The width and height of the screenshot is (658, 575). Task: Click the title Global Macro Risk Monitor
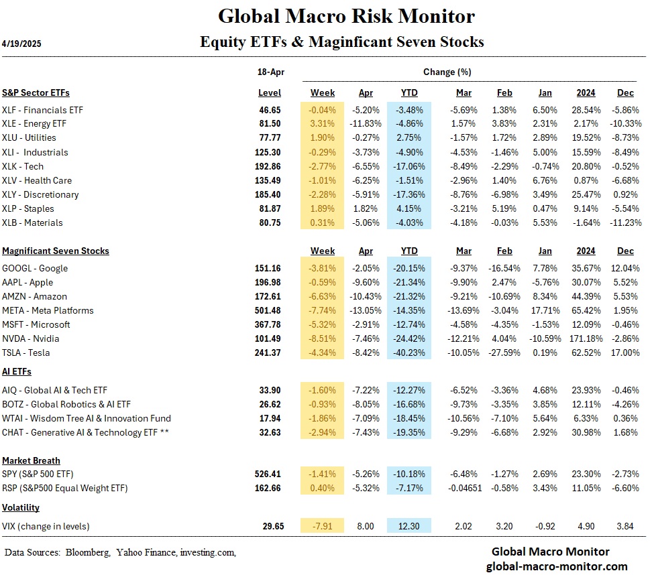[346, 16]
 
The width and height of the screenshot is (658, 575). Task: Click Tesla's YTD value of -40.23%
[408, 353]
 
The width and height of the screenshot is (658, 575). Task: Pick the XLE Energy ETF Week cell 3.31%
[323, 124]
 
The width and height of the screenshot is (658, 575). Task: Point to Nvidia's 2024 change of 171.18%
[586, 338]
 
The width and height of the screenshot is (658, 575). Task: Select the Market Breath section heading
[31, 460]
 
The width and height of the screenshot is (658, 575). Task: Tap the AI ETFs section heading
[17, 371]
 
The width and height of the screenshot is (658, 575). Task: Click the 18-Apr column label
[270, 72]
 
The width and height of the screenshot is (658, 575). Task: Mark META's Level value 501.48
[268, 310]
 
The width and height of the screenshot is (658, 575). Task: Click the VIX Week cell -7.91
[323, 527]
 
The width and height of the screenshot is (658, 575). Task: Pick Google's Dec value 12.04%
[625, 268]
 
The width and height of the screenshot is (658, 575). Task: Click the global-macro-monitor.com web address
[557, 566]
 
